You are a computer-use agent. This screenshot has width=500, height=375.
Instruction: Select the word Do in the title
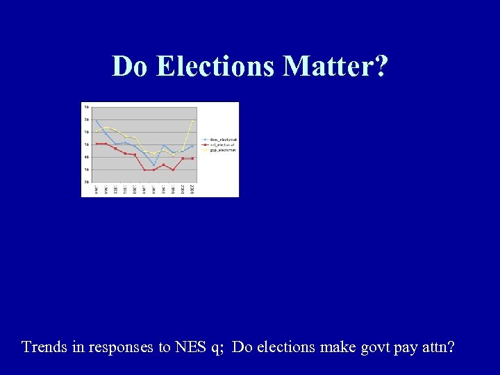tap(131, 67)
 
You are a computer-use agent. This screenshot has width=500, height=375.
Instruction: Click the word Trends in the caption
tap(45, 347)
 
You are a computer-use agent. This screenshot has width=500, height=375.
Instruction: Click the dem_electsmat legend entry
tap(218, 140)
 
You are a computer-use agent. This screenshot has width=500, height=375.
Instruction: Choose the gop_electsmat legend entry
tap(218, 149)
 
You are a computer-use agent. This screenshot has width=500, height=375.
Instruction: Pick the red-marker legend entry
tap(218, 144)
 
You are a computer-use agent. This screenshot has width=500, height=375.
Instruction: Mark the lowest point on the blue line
tap(154, 165)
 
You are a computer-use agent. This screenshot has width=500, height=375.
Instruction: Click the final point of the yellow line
tap(192, 121)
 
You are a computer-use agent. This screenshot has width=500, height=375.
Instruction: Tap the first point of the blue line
tap(97, 122)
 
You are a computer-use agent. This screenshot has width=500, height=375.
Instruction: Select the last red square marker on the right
tap(192, 158)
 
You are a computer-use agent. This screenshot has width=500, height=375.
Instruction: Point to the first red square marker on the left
tap(97, 144)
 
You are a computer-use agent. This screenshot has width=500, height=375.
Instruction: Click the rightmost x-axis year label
tap(192, 189)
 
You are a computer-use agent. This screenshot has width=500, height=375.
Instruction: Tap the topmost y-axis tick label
tap(86, 107)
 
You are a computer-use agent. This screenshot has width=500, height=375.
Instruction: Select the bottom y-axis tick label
tap(86, 181)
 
